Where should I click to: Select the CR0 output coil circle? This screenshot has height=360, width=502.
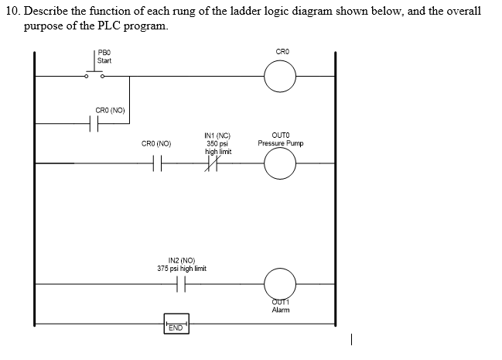coord(280,76)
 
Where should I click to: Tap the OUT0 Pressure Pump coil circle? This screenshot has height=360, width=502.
coord(280,163)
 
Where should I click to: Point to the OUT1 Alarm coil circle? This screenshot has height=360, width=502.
coord(280,284)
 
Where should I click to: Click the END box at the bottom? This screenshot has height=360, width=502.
coord(176,327)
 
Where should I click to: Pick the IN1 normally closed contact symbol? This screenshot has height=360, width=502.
coord(213,163)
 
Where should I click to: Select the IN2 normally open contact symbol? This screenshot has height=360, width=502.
coord(181,284)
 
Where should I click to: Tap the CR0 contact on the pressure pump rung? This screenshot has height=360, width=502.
coord(157,163)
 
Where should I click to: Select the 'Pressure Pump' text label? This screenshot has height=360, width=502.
coord(281,143)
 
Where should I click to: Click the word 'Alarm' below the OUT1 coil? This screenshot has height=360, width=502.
coord(280,310)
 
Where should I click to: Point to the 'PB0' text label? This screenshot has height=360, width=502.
coord(104,53)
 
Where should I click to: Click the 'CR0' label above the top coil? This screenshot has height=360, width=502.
coord(282,52)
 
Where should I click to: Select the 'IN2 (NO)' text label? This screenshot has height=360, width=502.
coord(181,261)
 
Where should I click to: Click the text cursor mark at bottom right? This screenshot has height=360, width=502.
coord(352,338)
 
